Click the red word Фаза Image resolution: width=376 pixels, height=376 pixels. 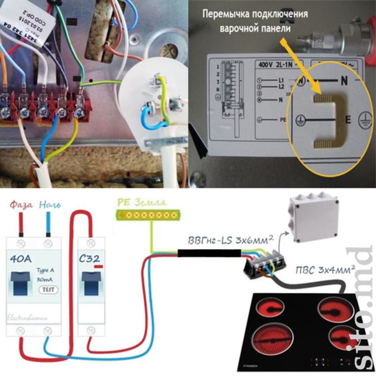point(21,206)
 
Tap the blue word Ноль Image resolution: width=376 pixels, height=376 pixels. point(50,206)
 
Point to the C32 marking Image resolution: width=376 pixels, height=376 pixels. point(89,259)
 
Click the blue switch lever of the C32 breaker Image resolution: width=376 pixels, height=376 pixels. point(91,282)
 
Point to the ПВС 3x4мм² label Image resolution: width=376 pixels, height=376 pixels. point(325,270)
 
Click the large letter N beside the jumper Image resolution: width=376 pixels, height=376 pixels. point(344,81)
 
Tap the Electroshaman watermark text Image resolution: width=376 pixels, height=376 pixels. point(28,318)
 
